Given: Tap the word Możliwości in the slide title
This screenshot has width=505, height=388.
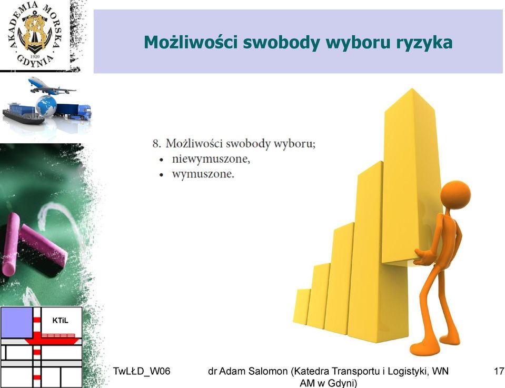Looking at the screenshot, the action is [x=190, y=42].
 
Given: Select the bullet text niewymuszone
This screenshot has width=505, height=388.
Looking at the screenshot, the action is [x=211, y=159].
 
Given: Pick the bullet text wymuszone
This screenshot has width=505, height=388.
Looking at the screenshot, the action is [x=203, y=174].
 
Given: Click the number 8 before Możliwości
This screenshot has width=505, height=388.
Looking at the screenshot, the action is [x=156, y=143].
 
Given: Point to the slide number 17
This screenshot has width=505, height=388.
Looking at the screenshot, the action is [x=499, y=371].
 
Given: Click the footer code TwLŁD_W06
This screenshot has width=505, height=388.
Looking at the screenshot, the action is [x=141, y=371].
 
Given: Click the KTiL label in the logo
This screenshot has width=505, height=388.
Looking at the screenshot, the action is [x=60, y=321].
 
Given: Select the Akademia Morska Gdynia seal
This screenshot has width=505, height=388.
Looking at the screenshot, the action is [x=35, y=34].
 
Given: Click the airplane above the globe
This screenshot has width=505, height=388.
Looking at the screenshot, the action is [x=52, y=86].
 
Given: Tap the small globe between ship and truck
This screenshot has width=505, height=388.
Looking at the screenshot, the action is [x=46, y=106].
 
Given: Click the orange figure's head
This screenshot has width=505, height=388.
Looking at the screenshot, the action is [x=456, y=195].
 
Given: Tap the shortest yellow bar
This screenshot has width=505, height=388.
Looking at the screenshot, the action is [x=301, y=307].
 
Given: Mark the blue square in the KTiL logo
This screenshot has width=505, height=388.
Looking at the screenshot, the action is [x=17, y=323].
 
